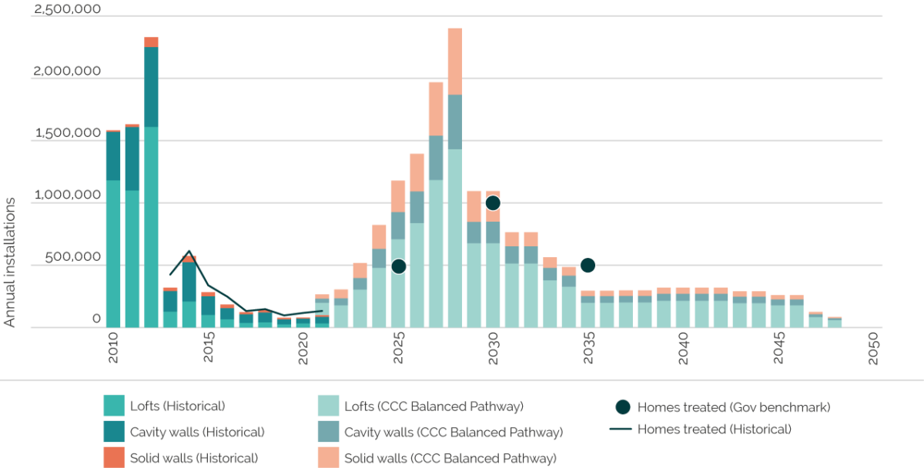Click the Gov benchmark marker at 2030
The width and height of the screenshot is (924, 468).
coord(493,202)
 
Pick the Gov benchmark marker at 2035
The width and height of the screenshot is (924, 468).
coord(588,265)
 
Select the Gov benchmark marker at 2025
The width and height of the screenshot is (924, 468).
coord(398,266)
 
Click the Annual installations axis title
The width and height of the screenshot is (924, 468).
coord(9,262)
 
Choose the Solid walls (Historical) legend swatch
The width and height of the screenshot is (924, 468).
coord(113,457)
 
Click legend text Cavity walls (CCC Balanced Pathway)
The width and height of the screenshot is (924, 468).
coord(454,432)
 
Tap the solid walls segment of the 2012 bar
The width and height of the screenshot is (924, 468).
coord(151,42)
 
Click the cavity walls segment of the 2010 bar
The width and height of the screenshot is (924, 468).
coord(113,156)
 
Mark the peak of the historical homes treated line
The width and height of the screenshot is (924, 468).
coord(189,250)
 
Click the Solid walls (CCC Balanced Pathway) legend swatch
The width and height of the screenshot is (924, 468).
coord(328,457)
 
